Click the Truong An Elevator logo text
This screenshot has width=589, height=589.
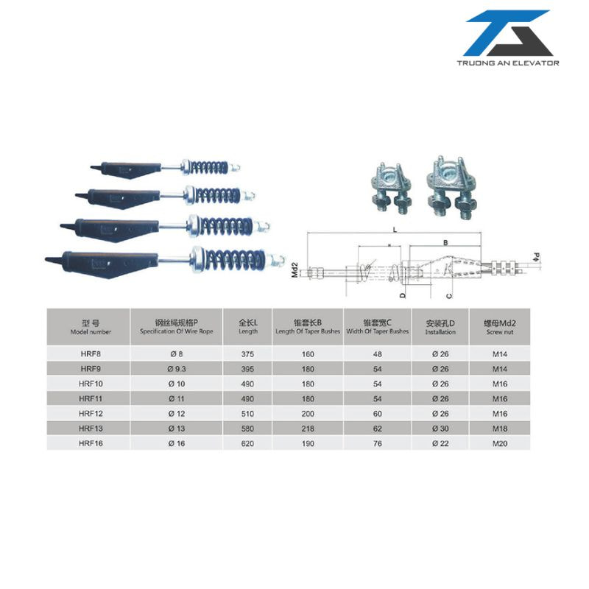(508, 63)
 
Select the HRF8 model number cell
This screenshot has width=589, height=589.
(91, 354)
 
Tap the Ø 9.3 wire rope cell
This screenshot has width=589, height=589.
(177, 369)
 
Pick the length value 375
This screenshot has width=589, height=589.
(247, 354)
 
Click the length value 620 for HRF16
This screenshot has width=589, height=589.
(247, 443)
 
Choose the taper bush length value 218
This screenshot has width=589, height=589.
(308, 428)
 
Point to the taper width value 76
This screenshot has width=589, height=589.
(378, 443)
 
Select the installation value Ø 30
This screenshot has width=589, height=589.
(440, 428)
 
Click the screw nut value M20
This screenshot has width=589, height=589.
(500, 443)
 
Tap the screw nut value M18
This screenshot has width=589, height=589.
(500, 428)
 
